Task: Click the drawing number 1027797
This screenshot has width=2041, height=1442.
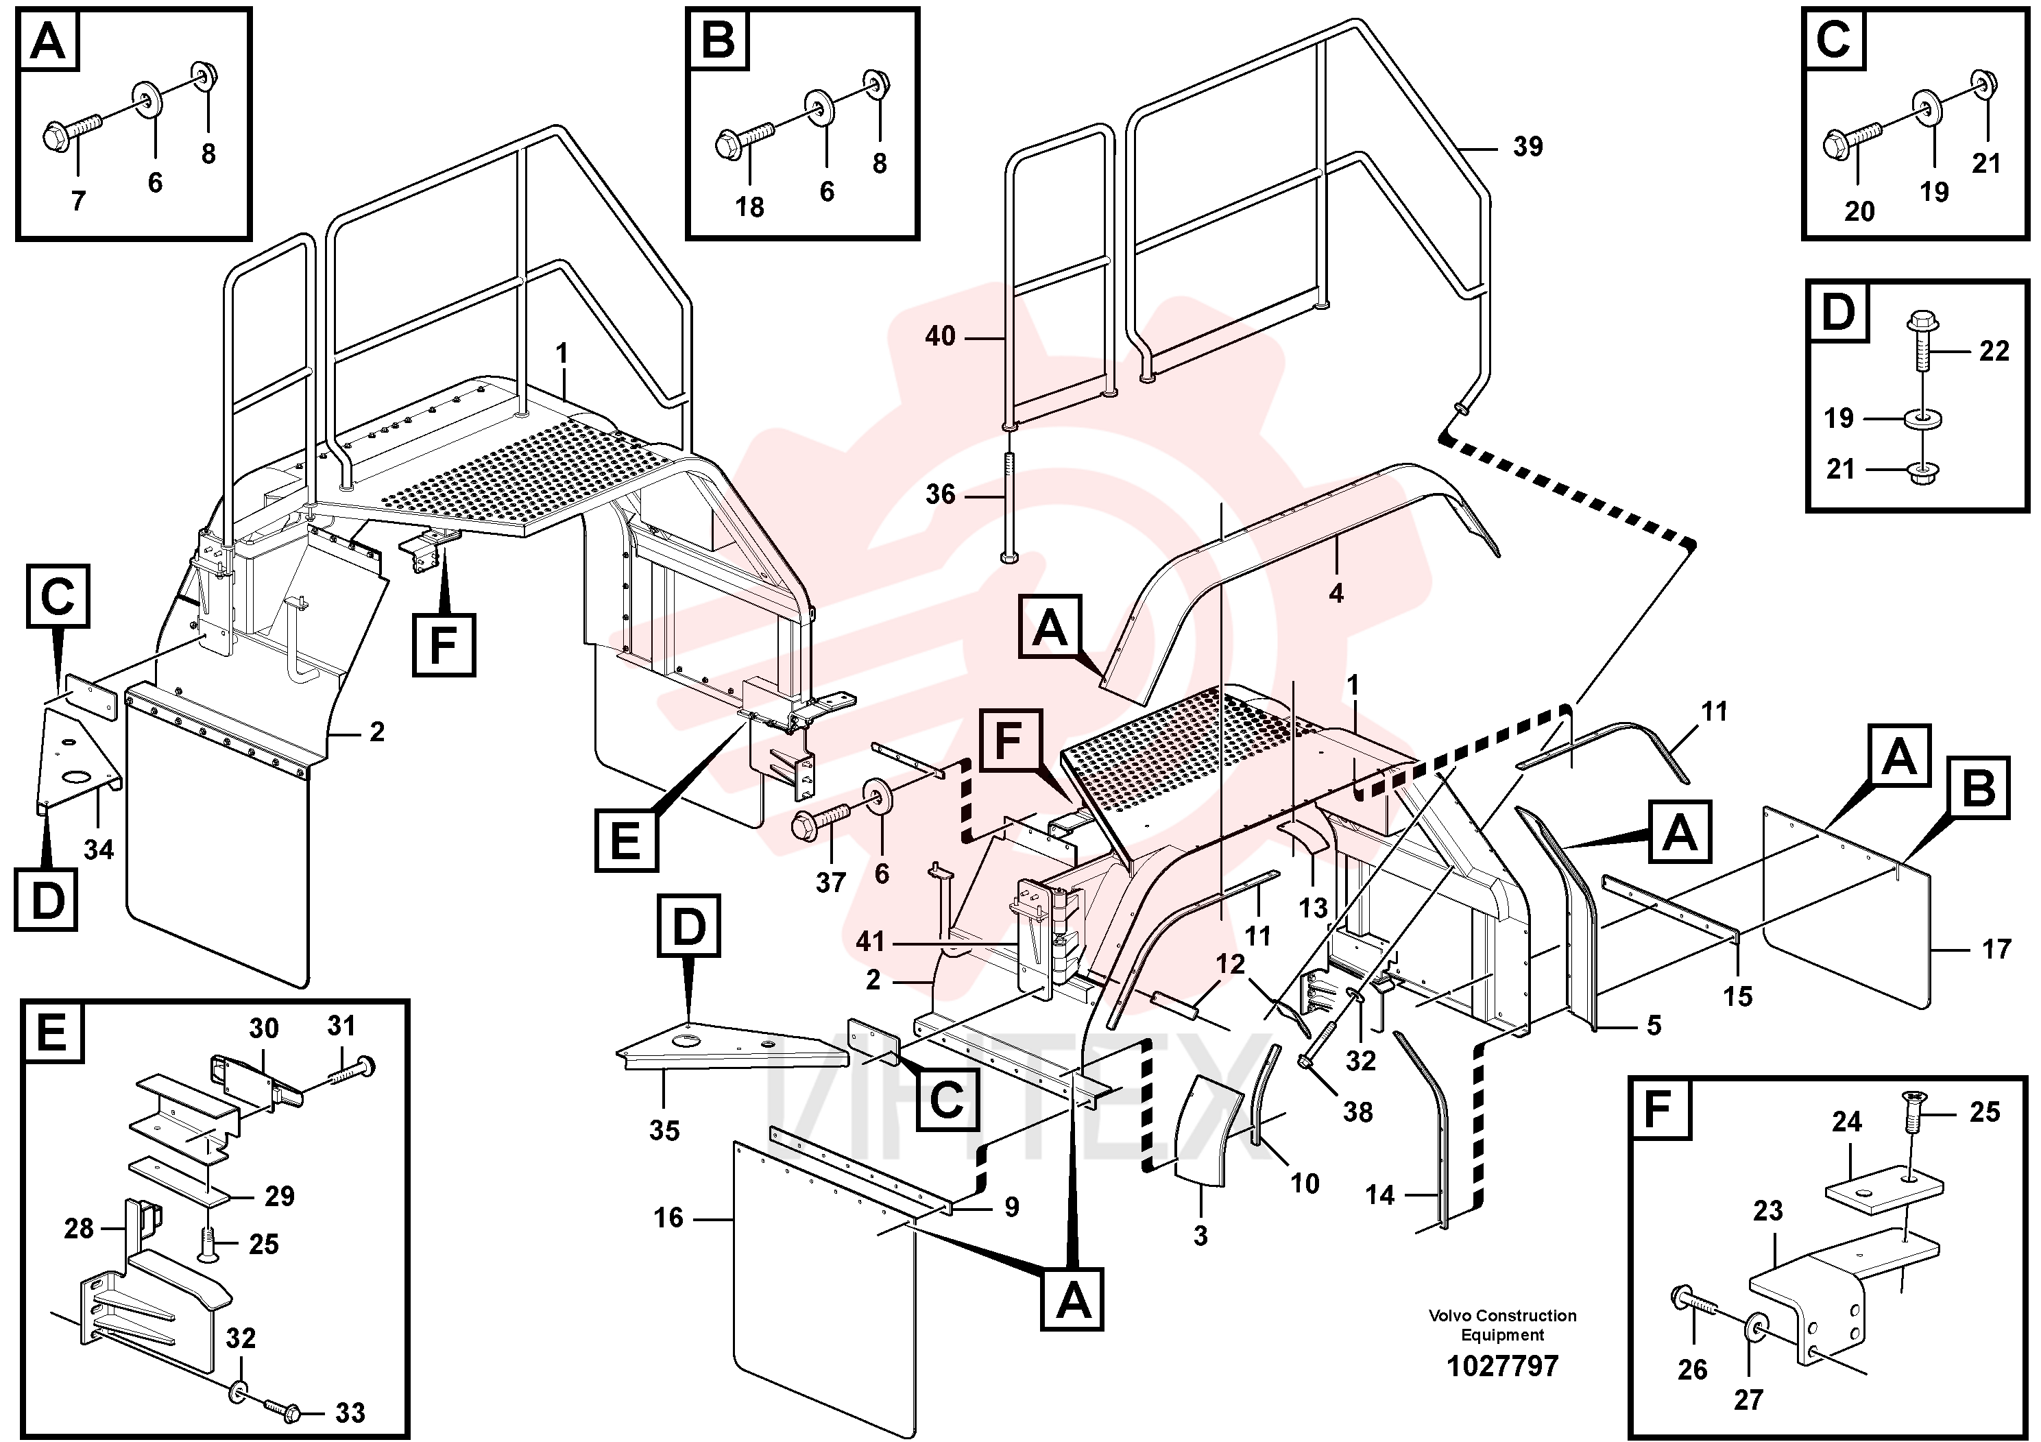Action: [x=1502, y=1365]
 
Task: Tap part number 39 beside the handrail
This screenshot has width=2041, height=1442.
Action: [x=1528, y=147]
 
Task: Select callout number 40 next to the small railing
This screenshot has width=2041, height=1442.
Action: [x=941, y=336]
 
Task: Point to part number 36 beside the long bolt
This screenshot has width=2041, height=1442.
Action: [x=941, y=494]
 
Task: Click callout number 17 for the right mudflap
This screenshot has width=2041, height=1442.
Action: [x=1996, y=950]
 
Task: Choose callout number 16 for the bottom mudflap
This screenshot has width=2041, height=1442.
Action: [x=668, y=1218]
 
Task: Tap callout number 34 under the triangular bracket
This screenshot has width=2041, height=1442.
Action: [x=99, y=850]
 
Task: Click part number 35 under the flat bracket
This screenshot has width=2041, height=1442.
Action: [x=664, y=1131]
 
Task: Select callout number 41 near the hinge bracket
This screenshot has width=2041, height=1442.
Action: [x=870, y=941]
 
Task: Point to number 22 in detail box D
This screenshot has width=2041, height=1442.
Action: [x=1994, y=351]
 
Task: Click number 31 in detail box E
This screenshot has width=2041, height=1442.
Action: [x=341, y=1026]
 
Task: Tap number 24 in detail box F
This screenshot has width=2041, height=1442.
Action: [x=1846, y=1122]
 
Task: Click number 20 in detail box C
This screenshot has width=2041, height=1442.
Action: [x=1859, y=212]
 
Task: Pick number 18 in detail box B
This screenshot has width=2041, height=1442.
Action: [x=749, y=207]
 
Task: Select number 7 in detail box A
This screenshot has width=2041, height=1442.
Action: [x=78, y=202]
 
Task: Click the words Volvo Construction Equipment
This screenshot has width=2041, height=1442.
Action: [x=1502, y=1325]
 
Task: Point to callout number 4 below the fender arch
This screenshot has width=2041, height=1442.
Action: [x=1336, y=594]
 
